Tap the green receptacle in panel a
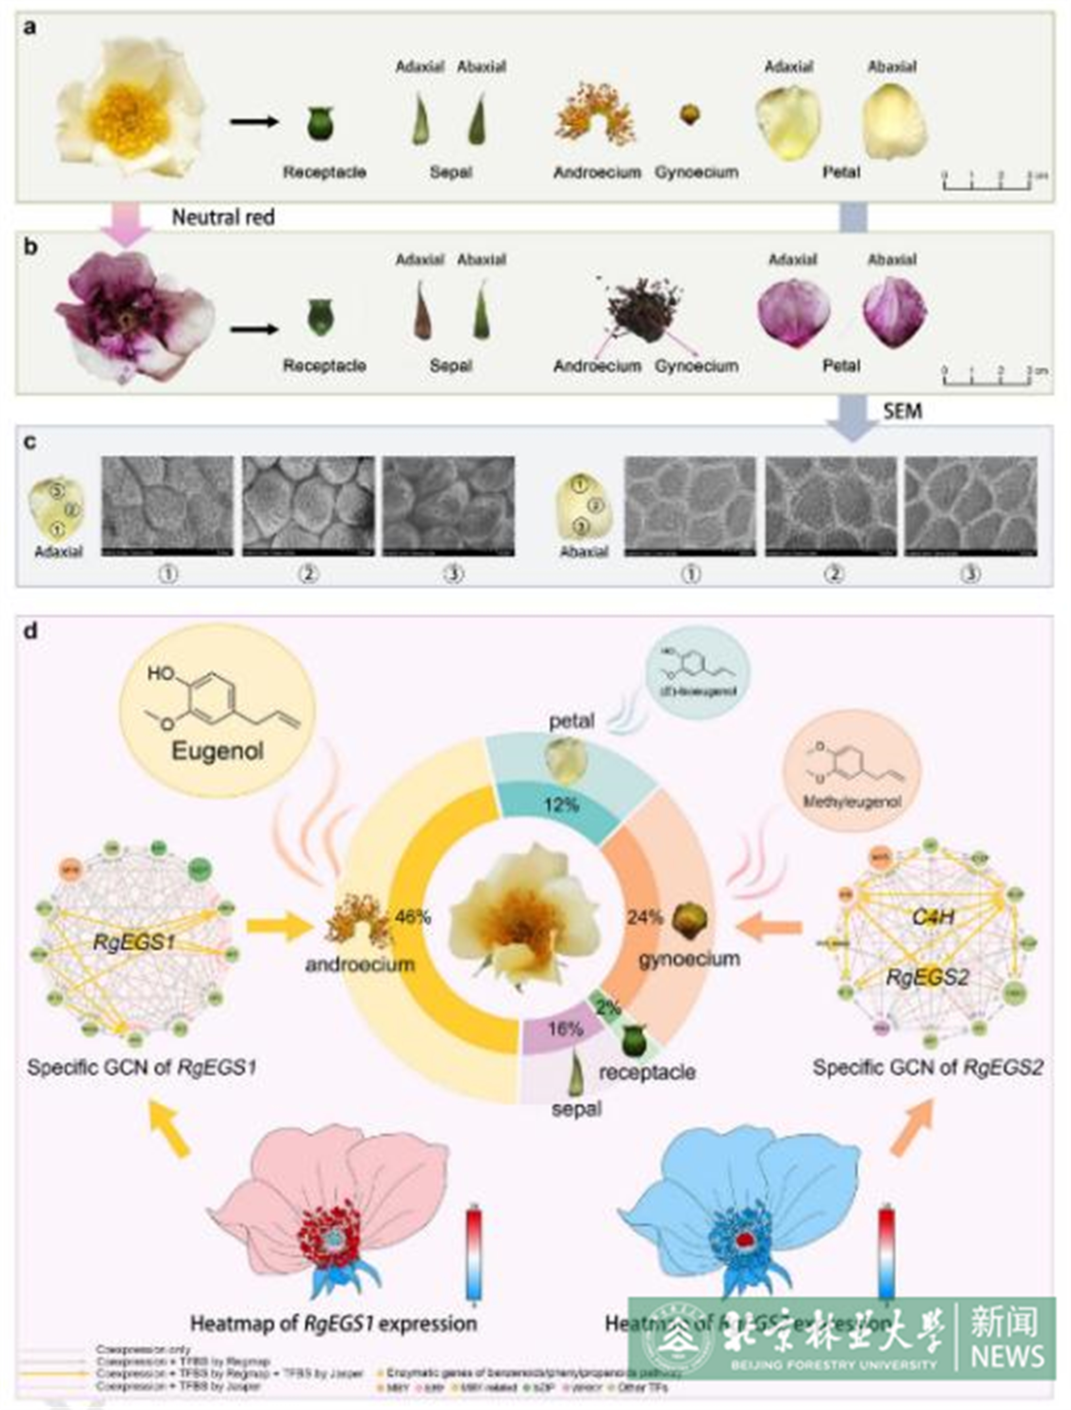tap(320, 122)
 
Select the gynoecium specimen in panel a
tap(689, 115)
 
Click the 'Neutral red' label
tap(223, 217)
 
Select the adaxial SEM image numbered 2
tap(308, 506)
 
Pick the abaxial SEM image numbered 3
tap(970, 506)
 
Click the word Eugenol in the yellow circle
tap(217, 751)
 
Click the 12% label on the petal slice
tap(561, 805)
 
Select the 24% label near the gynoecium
tap(644, 917)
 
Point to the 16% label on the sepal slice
tap(565, 1029)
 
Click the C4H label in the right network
tap(933, 917)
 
